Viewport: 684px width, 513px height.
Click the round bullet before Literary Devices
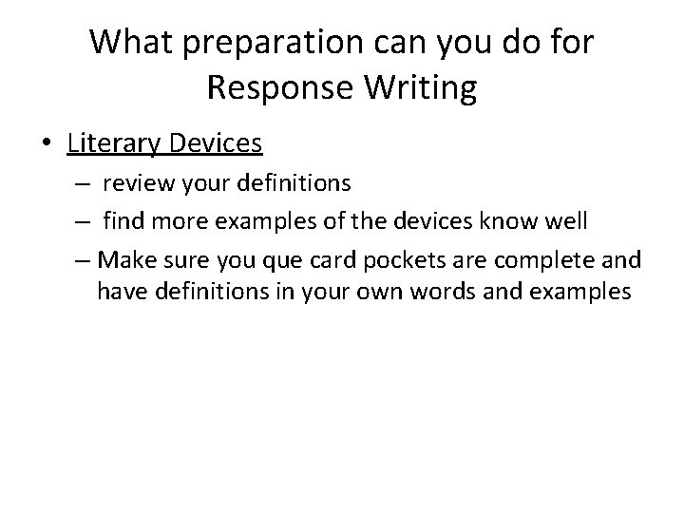coord(47,144)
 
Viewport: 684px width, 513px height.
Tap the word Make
coord(123,260)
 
